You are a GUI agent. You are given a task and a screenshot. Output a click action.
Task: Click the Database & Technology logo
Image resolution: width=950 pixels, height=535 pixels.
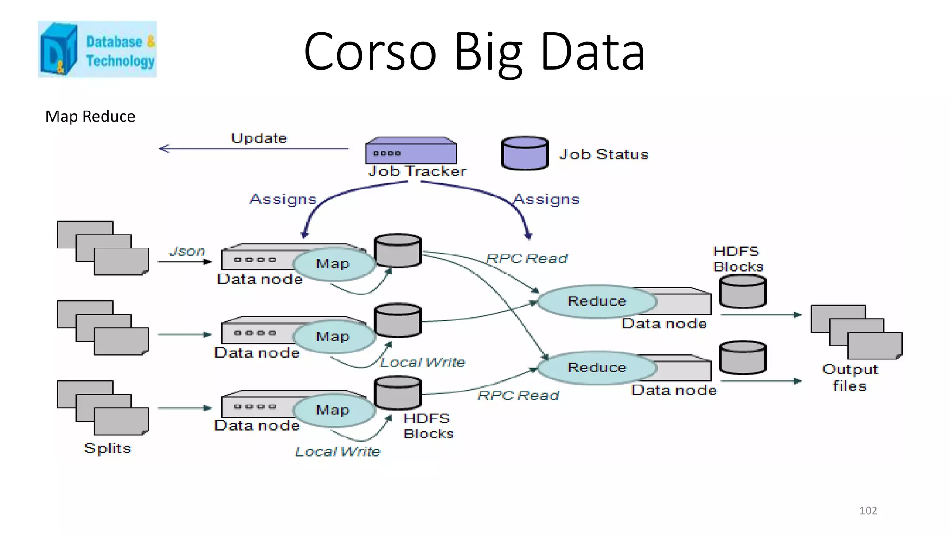97,49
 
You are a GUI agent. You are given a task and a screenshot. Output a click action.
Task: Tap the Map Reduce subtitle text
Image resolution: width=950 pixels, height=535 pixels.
90,116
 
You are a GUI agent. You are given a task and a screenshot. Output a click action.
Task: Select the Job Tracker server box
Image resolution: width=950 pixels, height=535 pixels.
411,151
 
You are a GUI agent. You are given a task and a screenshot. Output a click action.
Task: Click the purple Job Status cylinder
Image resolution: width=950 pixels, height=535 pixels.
525,153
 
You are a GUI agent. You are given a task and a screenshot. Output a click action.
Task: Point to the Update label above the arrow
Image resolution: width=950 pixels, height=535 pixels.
259,138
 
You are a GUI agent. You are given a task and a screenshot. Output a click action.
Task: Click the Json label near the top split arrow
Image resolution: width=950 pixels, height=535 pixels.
187,251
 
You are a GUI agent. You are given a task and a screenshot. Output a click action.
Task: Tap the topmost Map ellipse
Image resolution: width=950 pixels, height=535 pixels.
333,264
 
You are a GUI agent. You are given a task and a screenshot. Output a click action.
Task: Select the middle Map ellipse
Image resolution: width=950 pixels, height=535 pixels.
333,336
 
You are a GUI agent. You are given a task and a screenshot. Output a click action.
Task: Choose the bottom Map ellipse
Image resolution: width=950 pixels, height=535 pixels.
333,410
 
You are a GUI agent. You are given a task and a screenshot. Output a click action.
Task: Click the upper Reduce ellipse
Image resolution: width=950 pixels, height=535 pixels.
597,301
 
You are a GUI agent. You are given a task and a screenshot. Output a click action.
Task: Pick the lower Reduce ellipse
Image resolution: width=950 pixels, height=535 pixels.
597,367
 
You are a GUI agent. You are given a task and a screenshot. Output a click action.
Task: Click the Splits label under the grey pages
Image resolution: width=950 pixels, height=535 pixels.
108,448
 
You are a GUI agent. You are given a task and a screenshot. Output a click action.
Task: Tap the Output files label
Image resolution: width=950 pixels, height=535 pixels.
850,378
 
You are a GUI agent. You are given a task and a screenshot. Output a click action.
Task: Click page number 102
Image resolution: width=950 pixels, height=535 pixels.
868,510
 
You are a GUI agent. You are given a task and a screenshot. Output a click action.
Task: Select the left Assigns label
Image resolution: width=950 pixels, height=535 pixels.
283,199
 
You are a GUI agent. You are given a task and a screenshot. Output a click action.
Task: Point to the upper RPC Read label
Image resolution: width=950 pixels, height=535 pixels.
527,258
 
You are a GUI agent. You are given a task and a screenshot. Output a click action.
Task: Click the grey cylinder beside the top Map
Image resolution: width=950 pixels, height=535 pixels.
398,250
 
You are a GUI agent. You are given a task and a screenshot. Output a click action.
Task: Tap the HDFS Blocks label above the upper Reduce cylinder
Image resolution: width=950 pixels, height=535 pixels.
738,259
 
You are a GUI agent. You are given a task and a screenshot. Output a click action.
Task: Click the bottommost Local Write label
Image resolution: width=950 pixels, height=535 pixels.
338,451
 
